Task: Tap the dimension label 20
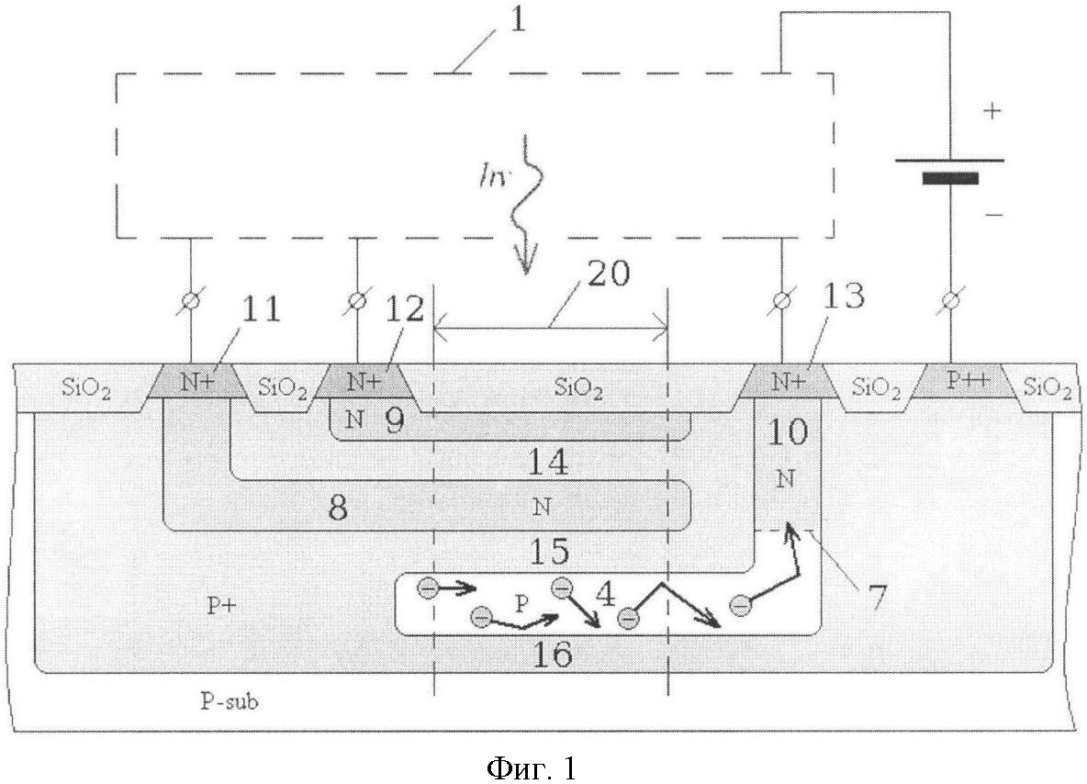pos(608,274)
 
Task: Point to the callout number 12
pos(404,309)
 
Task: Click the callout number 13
pos(844,296)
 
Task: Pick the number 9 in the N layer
pos(395,420)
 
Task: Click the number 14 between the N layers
pos(548,462)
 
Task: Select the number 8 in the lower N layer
pos(337,508)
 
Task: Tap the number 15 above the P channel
pos(549,552)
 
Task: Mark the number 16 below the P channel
pos(554,653)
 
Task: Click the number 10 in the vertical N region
pos(789,432)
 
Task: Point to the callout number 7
pos(877,597)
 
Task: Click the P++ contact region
pos(961,381)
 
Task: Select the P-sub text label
pos(230,701)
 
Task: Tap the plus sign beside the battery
pos(992,111)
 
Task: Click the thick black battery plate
pos(950,179)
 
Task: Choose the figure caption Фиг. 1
pos(532,767)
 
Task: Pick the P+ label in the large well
pos(222,605)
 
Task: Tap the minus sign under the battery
pos(993,216)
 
